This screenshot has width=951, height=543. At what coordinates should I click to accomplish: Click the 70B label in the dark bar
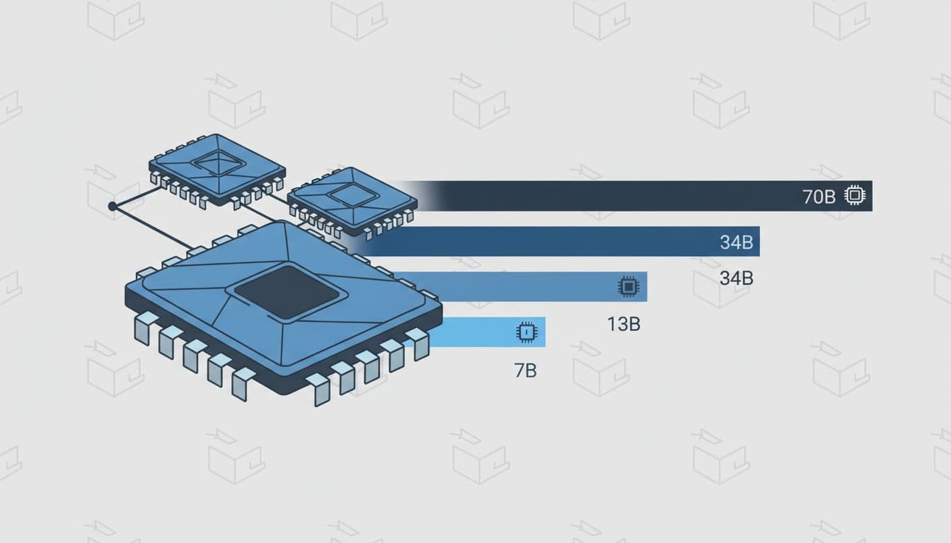[x=819, y=197]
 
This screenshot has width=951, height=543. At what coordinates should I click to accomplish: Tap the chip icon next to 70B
[x=855, y=196]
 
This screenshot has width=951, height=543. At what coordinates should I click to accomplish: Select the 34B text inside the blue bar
[x=736, y=243]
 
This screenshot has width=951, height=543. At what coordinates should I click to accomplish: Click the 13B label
[x=623, y=325]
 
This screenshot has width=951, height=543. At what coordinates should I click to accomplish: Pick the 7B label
[x=525, y=370]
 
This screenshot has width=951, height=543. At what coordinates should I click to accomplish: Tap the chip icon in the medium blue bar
[x=626, y=286]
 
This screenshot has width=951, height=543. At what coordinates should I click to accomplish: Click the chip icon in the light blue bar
[x=526, y=332]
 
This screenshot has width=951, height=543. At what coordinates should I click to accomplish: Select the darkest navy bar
[x=637, y=196]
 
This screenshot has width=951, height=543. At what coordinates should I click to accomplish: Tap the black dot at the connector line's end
[x=112, y=206]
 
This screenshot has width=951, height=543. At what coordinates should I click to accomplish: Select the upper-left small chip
[x=217, y=169]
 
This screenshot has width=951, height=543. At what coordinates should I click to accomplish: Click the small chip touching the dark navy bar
[x=352, y=199]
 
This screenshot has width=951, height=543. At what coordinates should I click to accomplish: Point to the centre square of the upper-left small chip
[x=219, y=163]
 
